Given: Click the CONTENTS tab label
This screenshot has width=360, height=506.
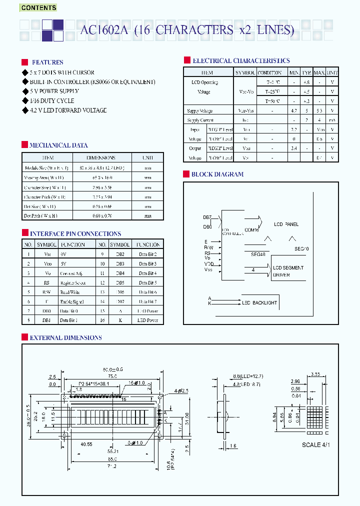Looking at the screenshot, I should pyautogui.click(x=38, y=7).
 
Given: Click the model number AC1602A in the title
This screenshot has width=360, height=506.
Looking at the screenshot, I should pyautogui.click(x=104, y=30).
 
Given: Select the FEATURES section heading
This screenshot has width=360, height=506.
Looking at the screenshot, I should pyautogui.click(x=47, y=62).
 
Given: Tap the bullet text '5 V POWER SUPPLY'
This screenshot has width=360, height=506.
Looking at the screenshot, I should pyautogui.click(x=54, y=91).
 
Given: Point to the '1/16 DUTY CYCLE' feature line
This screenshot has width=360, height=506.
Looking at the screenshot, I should pyautogui.click(x=52, y=100).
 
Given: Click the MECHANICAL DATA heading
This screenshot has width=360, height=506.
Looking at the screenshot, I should pyautogui.click(x=58, y=145).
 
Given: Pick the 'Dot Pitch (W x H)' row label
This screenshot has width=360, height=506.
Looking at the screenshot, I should pyautogui.click(x=40, y=215).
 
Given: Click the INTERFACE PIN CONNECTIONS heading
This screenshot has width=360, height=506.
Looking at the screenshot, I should pyautogui.click(x=75, y=234).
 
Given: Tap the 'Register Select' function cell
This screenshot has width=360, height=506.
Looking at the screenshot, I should pyautogui.click(x=73, y=283).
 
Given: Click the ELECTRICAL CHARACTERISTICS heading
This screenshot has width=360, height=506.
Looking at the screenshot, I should pyautogui.click(x=241, y=60).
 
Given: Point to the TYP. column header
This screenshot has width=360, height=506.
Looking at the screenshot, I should pyautogui.click(x=306, y=72).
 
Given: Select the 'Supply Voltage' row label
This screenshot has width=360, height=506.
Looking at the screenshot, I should pyautogui.click(x=199, y=110).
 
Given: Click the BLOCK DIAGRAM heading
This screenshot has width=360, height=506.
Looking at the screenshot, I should pyautogui.click(x=217, y=174).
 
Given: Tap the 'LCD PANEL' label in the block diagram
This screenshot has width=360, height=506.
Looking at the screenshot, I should pyautogui.click(x=286, y=224).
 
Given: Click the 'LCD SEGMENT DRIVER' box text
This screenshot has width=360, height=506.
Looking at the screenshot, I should pyautogui.click(x=288, y=271).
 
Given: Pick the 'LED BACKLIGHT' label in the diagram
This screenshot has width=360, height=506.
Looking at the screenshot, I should pyautogui.click(x=259, y=303).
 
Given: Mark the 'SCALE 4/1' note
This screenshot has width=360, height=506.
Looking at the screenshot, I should pyautogui.click(x=316, y=445).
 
